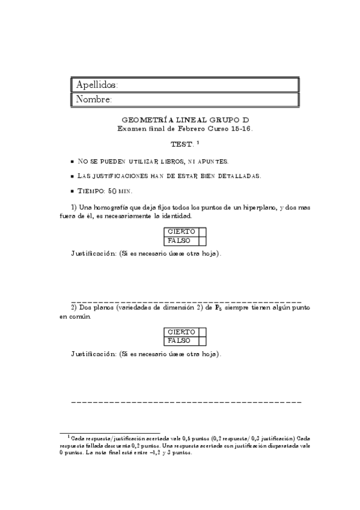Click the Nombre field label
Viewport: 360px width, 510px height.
94,99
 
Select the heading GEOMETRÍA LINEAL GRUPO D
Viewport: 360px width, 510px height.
186,120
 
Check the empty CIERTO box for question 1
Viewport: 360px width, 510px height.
203,232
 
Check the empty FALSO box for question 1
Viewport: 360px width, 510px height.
203,240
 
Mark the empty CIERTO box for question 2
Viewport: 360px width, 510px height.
203,332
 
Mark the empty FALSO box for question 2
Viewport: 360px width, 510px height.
203,340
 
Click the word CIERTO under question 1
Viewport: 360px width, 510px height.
181,232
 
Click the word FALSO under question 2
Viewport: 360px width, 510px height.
179,340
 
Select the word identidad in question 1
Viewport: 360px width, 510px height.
177,215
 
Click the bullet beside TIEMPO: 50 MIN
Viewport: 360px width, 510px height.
73,191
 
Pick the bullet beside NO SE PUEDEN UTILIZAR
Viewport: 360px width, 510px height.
73,162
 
